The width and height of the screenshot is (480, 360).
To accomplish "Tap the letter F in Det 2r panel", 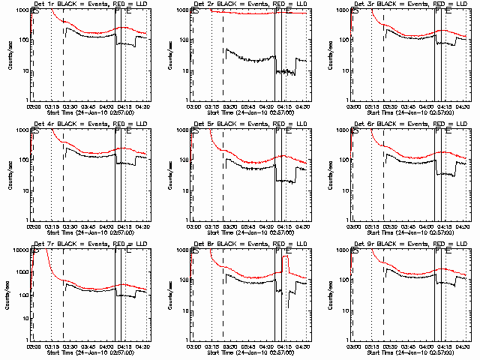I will pos(278,13).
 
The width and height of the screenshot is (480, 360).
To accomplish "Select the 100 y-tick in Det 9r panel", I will pos(341,280).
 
